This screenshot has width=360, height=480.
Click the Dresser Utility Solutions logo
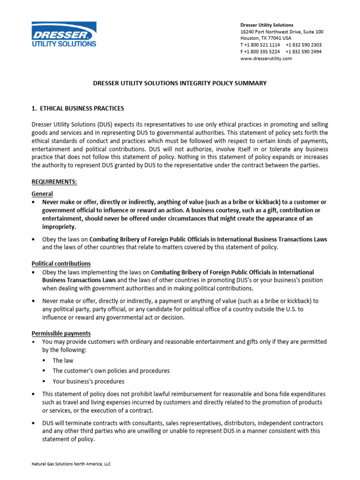pos(64,34)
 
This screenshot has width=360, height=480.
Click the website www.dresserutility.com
pos(266,59)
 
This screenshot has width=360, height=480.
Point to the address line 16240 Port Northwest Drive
pos(281,31)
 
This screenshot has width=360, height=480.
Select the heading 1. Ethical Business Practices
pos(77,108)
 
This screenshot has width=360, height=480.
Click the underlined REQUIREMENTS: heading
pos(53,181)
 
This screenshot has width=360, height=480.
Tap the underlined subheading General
pos(42,194)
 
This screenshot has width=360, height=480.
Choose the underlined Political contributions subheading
pos(61,263)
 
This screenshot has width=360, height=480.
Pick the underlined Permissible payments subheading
pos(61,333)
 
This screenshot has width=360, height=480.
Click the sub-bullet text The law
pos(63,360)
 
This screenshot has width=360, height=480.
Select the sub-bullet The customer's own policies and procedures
pos(111,371)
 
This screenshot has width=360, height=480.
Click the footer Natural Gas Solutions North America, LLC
pos(71,464)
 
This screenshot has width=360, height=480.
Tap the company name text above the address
pos(267,25)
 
